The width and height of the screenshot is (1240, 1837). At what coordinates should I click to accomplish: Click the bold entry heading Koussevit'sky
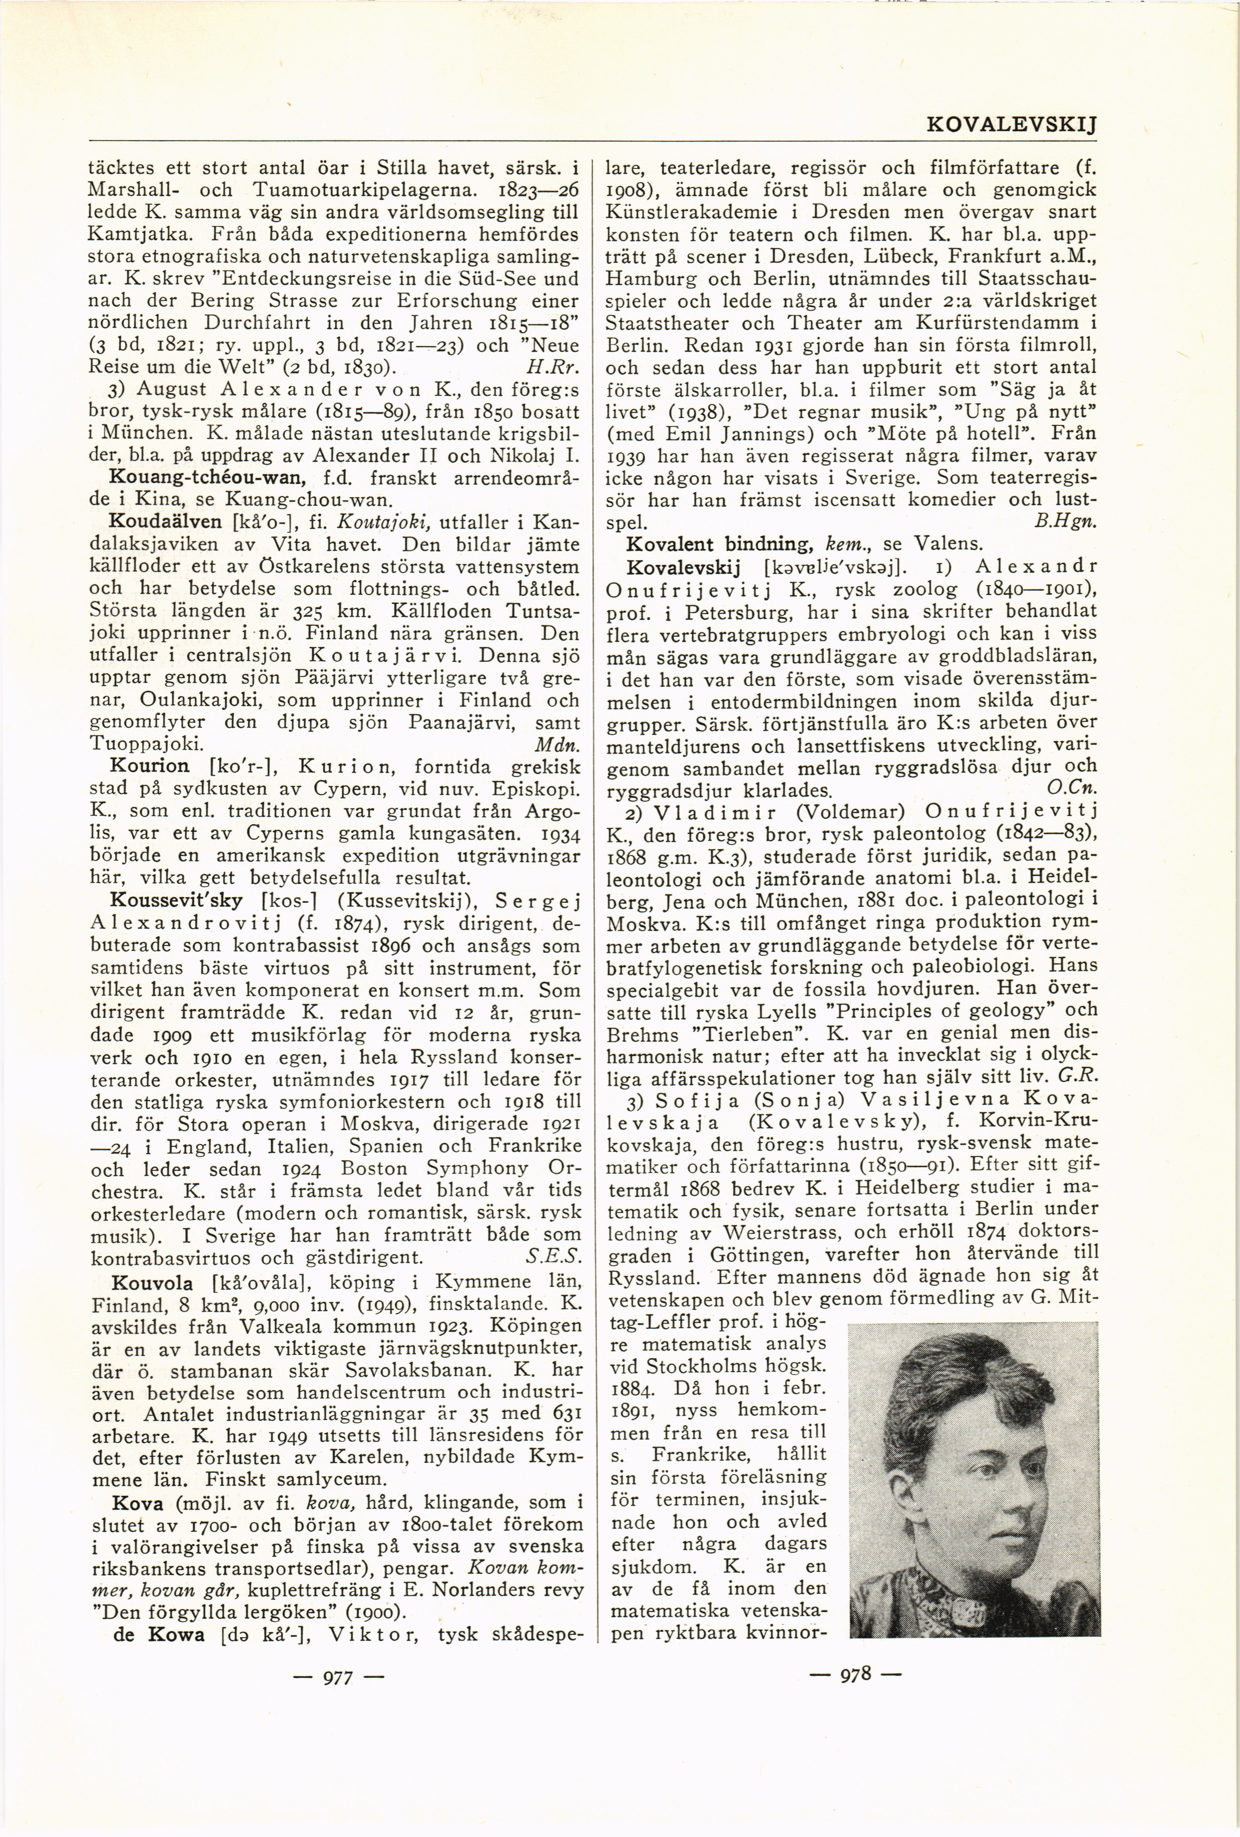pos(178,900)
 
